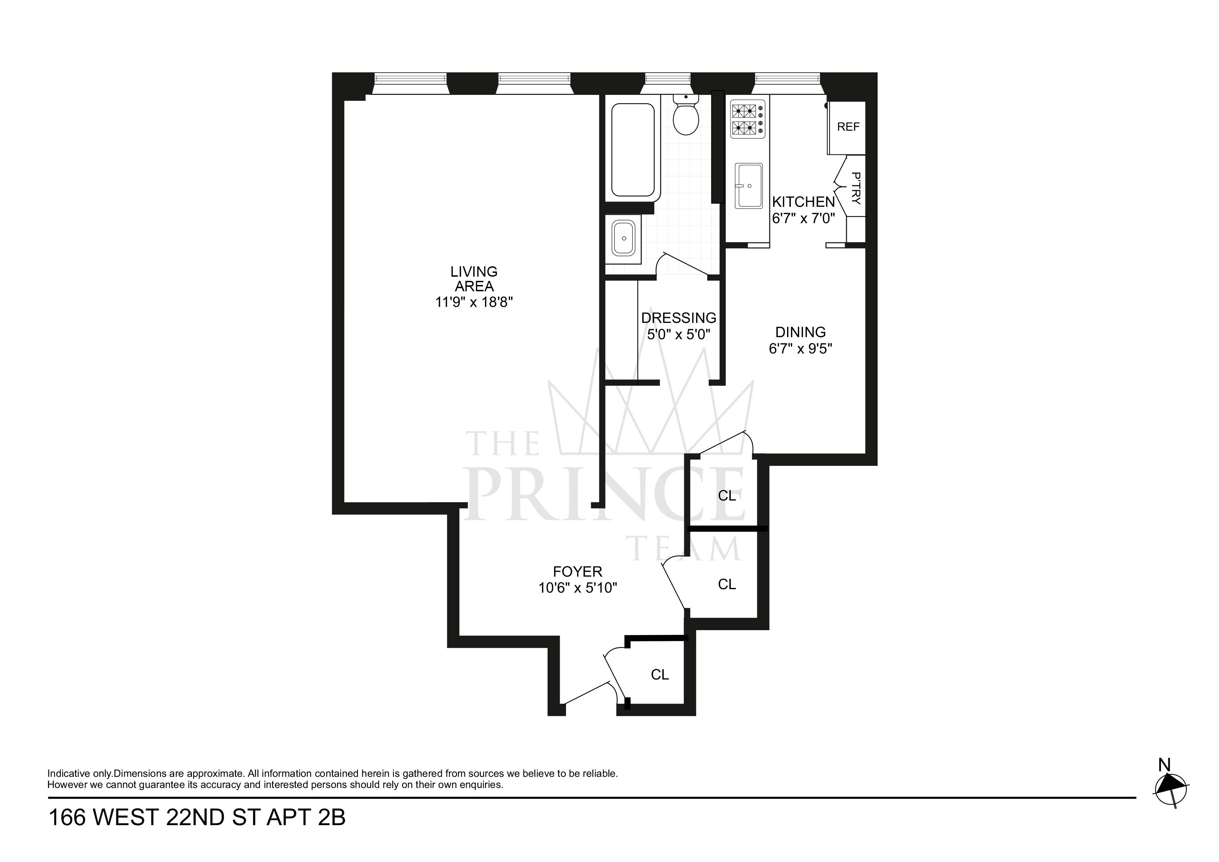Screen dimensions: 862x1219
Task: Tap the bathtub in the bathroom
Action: coord(632,150)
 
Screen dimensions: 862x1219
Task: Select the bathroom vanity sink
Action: coord(623,238)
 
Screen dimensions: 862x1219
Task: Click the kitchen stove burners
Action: coord(744,119)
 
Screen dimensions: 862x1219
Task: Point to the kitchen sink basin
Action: coord(748,185)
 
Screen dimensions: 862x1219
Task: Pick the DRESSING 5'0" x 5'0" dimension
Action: coord(679,335)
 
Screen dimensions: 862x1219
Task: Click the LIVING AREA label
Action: coord(474,279)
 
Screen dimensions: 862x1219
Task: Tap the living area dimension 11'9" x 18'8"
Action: coord(474,302)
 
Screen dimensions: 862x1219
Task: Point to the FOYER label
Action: coord(577,571)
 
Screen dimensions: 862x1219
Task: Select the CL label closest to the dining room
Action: coord(727,496)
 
